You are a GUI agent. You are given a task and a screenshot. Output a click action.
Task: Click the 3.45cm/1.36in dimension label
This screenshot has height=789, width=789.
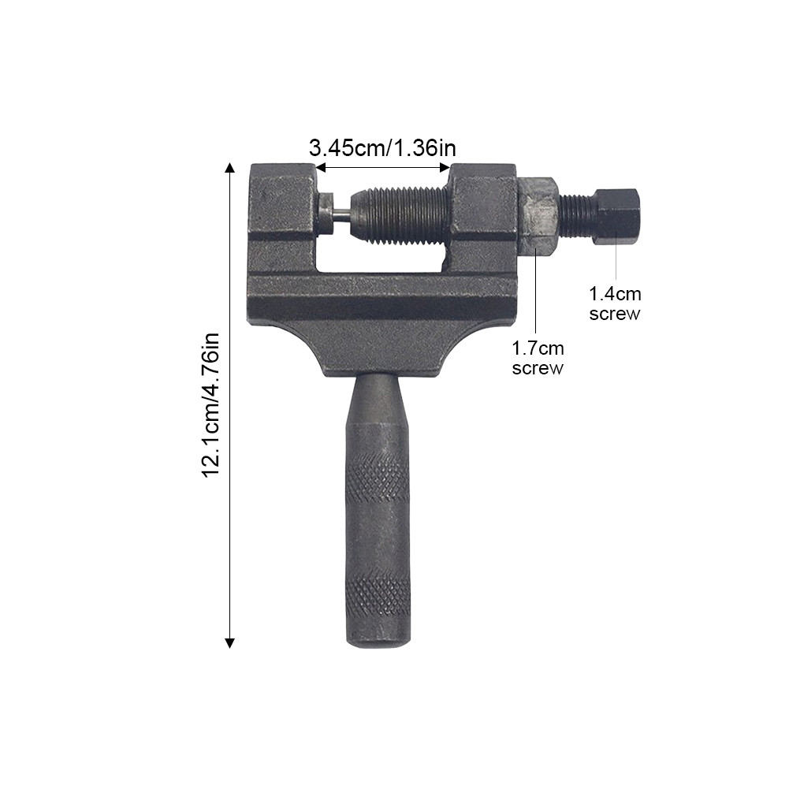click(x=382, y=148)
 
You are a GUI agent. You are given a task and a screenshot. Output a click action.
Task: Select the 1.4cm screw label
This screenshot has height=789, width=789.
click(x=615, y=303)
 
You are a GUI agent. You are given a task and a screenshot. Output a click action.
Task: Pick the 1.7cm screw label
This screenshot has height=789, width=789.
click(x=538, y=358)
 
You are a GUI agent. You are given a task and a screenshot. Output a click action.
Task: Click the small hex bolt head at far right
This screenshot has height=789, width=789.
click(x=616, y=217)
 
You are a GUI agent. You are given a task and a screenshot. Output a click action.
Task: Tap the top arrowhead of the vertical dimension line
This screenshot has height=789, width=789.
click(x=229, y=168)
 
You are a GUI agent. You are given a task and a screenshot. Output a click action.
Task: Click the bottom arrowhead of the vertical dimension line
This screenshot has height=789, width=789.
click(x=229, y=642)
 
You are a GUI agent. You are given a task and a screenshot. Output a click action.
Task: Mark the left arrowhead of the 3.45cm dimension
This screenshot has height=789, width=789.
click(x=321, y=167)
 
